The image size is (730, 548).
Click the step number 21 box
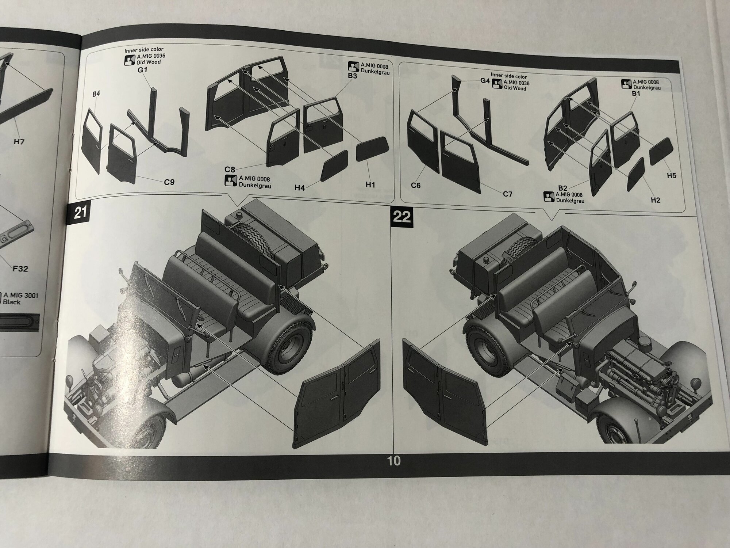click(80, 212)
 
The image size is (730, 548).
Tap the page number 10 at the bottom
click(394, 461)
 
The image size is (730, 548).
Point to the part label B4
click(96, 94)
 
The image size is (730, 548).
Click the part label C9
click(169, 182)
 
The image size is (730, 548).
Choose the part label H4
click(300, 187)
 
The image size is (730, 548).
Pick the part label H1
click(370, 185)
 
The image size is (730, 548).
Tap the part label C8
click(230, 169)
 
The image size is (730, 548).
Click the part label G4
click(485, 81)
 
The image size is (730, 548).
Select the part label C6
click(416, 186)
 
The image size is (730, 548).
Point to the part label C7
click(508, 194)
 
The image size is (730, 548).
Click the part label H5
click(671, 175)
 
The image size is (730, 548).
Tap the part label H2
click(656, 200)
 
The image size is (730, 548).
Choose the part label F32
click(20, 269)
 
